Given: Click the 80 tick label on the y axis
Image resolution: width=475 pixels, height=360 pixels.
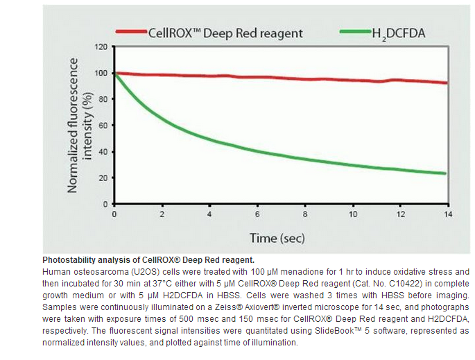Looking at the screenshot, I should coord(103,99).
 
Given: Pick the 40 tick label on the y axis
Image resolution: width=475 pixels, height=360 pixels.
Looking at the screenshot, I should coord(103,152).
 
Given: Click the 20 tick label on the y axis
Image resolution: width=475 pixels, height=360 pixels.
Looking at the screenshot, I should coord(103,178).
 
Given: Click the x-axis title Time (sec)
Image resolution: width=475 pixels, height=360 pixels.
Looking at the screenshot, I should coord(277,238).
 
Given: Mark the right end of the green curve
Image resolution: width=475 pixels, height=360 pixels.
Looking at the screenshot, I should coord(444,173).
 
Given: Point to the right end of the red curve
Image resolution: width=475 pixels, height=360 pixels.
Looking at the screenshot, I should coord(444,83).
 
